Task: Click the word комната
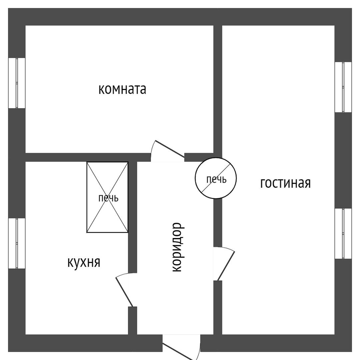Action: pyautogui.click(x=122, y=89)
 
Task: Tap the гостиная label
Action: pyautogui.click(x=285, y=183)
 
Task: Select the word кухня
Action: pyautogui.click(x=84, y=262)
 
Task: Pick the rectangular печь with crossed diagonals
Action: pyautogui.click(x=107, y=197)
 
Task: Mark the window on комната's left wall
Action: pyautogui.click(x=17, y=83)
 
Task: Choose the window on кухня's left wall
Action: pyautogui.click(x=17, y=243)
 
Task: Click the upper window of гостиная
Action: pyautogui.click(x=343, y=87)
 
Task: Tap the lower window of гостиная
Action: pyautogui.click(x=343, y=233)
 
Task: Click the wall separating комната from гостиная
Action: pyautogui.click(x=218, y=90)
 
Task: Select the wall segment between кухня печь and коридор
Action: pyautogui.click(x=133, y=217)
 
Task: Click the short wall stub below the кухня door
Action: pyautogui.click(x=133, y=320)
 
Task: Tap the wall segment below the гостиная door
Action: pyautogui.click(x=218, y=307)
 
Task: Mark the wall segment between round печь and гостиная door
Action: pyautogui.click(x=218, y=223)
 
